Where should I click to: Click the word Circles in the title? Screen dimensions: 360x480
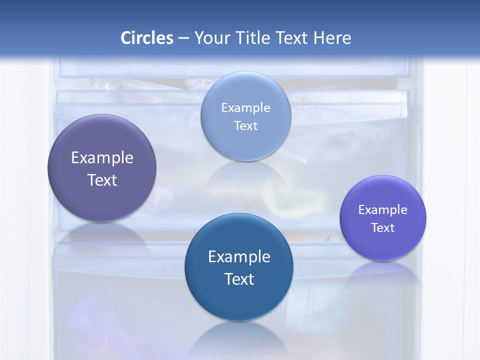tap(147, 38)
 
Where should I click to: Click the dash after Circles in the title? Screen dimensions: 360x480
tap(183, 38)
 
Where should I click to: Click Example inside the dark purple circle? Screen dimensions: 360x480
tap(102, 158)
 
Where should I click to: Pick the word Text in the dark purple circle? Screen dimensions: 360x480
tap(102, 180)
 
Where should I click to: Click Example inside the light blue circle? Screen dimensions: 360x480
tap(246, 108)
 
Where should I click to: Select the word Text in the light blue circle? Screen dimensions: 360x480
tap(246, 126)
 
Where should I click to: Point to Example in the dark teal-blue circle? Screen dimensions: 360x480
tap(239, 257)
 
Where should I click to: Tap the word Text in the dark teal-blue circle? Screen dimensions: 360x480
tap(239, 279)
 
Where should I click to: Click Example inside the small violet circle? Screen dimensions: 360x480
tap(383, 210)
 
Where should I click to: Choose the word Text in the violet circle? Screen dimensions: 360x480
tap(383, 228)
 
